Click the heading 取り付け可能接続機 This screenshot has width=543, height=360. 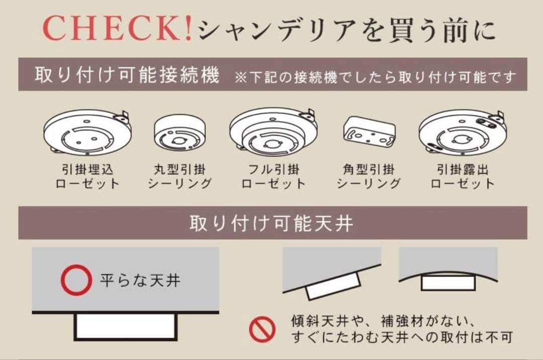point(127,76)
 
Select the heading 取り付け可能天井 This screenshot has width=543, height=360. point(271,223)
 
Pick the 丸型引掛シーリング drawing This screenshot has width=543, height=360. point(179,133)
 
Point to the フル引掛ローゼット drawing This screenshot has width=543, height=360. point(274,132)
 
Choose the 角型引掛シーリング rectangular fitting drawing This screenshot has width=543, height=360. point(369,133)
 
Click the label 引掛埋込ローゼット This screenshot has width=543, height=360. point(87,176)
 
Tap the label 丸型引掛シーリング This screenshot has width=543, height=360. point(179,176)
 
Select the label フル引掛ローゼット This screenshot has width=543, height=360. point(274,176)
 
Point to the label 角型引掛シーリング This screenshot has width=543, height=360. point(369,176)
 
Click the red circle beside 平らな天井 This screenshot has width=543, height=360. point(77,280)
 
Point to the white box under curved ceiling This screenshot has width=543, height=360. point(447,282)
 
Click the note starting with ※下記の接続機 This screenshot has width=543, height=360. point(375,77)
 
